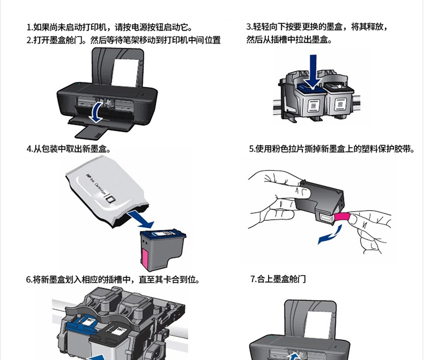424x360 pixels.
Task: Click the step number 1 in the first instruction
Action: [x=28, y=27]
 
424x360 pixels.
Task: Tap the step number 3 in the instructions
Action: [x=248, y=27]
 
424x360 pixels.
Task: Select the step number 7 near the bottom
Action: [x=252, y=279]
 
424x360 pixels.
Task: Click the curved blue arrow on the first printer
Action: [x=96, y=112]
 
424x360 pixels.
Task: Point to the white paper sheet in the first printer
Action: [x=125, y=72]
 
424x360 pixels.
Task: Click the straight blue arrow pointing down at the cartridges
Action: [x=313, y=72]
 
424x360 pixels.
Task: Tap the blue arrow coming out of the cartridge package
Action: [x=141, y=219]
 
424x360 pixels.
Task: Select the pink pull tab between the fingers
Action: [x=343, y=217]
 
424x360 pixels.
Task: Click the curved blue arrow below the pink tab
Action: [x=330, y=236]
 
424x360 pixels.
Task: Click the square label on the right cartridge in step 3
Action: [x=340, y=104]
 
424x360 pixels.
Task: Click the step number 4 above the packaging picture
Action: [x=29, y=149]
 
